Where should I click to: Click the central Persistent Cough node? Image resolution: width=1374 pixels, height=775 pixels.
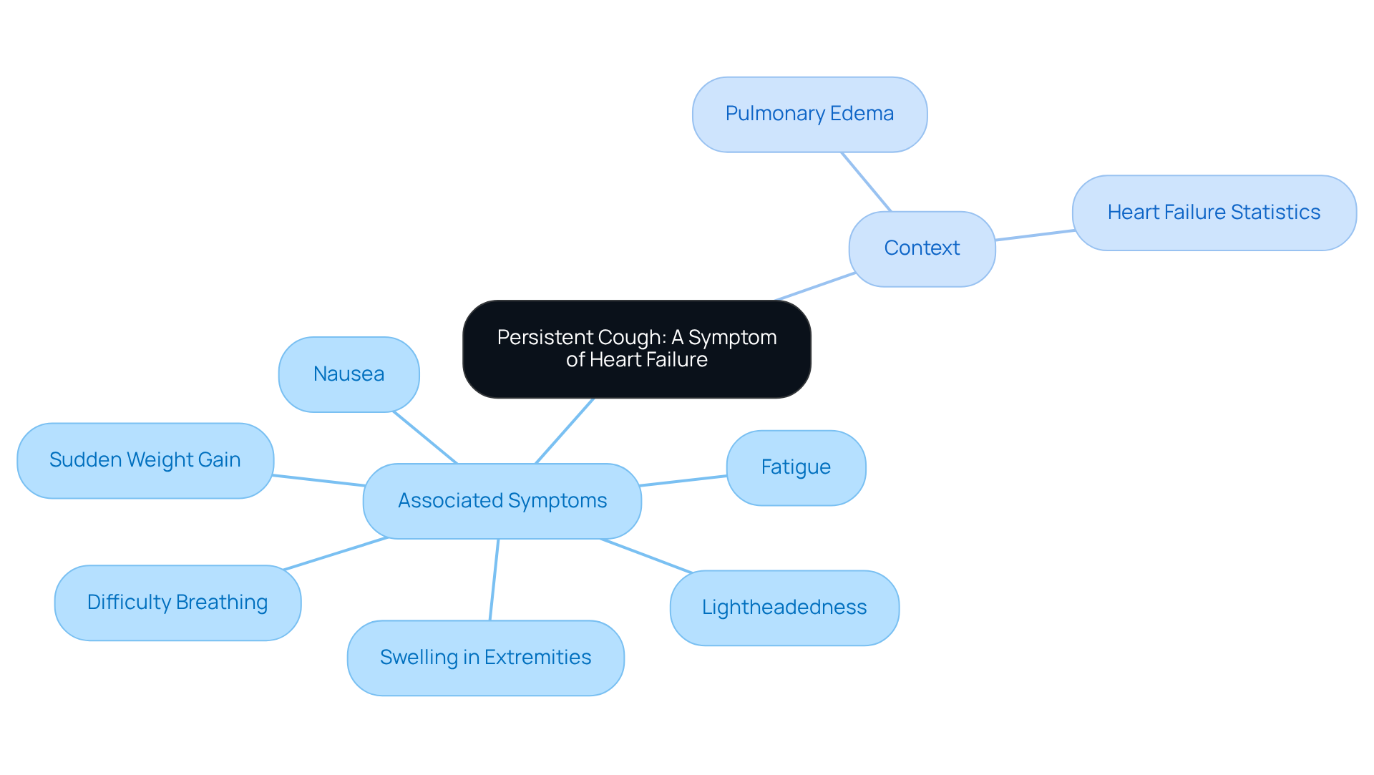(x=636, y=348)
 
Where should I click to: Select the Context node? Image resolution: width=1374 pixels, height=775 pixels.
(x=922, y=248)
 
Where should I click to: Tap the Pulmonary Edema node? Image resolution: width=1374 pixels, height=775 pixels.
(x=809, y=114)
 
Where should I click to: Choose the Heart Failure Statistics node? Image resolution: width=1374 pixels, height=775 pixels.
(x=1214, y=213)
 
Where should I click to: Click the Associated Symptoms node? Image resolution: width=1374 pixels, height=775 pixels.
(x=502, y=501)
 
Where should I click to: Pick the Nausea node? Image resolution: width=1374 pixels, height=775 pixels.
(x=349, y=374)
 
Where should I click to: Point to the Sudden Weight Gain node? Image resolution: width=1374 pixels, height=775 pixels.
(x=145, y=460)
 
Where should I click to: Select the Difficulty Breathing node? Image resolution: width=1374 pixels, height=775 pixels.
(x=177, y=603)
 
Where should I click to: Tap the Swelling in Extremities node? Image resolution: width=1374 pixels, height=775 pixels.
(x=485, y=658)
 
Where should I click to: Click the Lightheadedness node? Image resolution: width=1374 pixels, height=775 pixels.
(x=784, y=608)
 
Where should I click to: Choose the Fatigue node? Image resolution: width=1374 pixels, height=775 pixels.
(x=796, y=467)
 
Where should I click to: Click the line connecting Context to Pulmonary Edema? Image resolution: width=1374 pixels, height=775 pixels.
(x=866, y=182)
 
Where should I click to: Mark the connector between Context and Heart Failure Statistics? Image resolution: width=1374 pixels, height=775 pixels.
(x=1034, y=235)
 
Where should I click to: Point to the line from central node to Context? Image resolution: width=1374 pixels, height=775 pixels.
(x=816, y=286)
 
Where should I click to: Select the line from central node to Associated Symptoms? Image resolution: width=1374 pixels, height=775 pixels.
(x=565, y=431)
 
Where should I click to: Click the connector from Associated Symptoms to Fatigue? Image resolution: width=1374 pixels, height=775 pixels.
(x=683, y=480)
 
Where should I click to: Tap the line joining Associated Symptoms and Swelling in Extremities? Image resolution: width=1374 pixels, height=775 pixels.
(x=494, y=580)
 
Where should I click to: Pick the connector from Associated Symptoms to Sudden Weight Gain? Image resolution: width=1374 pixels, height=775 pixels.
(x=318, y=480)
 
